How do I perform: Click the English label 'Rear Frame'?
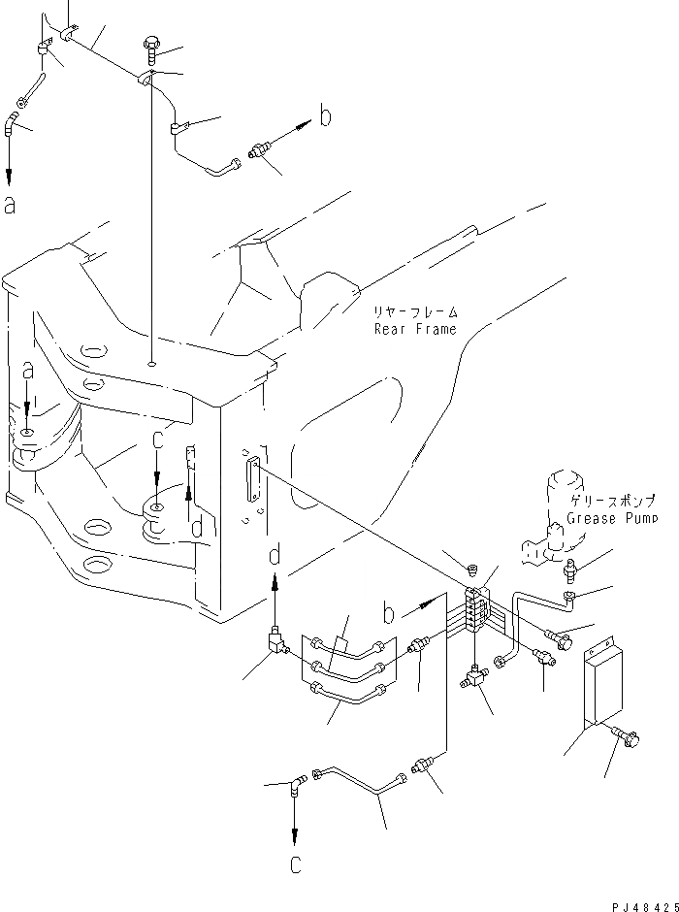click(x=416, y=329)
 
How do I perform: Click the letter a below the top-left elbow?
click(x=10, y=205)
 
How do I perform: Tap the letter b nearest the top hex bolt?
click(x=326, y=116)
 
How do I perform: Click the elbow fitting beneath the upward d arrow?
click(x=275, y=641)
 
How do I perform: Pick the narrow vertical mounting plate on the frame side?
click(x=254, y=481)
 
